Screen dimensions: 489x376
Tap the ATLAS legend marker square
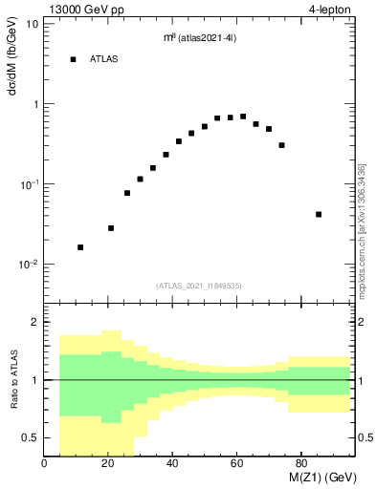73,59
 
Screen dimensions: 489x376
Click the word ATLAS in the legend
103,59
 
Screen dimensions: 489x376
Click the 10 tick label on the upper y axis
32,23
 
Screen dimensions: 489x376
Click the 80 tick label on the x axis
300,464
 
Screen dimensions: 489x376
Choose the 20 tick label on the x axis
108,464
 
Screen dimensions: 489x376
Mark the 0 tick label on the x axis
45,464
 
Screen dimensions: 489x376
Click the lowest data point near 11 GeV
80,247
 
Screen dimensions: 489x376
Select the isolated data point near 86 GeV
319,214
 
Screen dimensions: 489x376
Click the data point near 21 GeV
111,228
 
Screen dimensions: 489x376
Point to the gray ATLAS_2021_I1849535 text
196,285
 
